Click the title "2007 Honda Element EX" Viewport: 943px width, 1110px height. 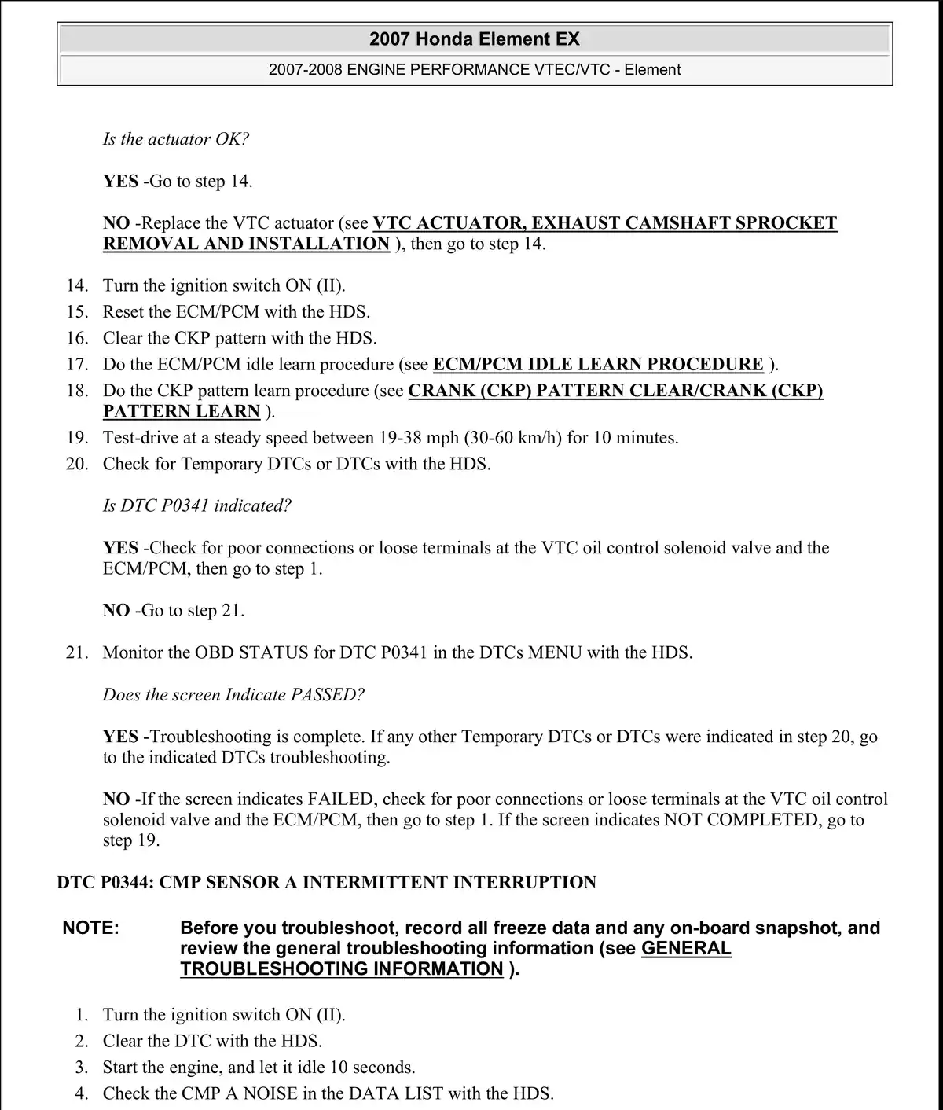tap(475, 39)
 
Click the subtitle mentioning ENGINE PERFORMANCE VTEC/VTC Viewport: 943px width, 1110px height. tap(475, 69)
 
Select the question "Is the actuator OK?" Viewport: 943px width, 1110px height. tap(176, 139)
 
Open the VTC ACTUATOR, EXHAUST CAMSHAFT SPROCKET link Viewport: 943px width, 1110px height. tap(604, 223)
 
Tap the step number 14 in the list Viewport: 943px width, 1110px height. tap(77, 285)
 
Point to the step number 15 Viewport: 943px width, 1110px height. tap(77, 312)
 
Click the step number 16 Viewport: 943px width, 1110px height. tap(77, 338)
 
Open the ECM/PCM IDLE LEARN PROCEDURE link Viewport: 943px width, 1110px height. tap(598, 365)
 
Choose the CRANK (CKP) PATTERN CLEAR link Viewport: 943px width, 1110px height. tap(615, 391)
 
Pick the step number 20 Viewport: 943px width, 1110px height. tap(77, 464)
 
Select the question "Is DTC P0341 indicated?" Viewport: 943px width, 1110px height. tap(197, 506)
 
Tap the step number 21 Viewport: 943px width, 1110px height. tap(77, 652)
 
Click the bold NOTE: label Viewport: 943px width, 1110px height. tap(91, 928)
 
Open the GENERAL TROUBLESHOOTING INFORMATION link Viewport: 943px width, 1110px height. tap(455, 959)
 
